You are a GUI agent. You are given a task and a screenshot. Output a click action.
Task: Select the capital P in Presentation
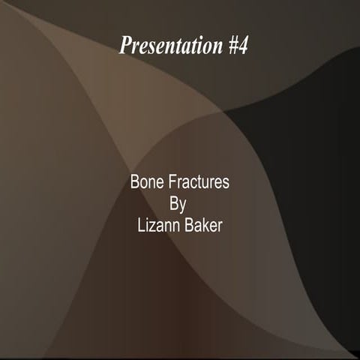(124, 46)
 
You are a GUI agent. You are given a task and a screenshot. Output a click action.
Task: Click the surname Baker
(203, 226)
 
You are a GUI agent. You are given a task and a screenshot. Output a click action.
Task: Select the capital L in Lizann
(139, 226)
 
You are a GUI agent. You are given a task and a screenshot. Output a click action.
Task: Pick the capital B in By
(175, 204)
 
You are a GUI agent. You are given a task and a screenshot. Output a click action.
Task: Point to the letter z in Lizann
(152, 226)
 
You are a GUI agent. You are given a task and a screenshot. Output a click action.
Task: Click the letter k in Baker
(205, 226)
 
